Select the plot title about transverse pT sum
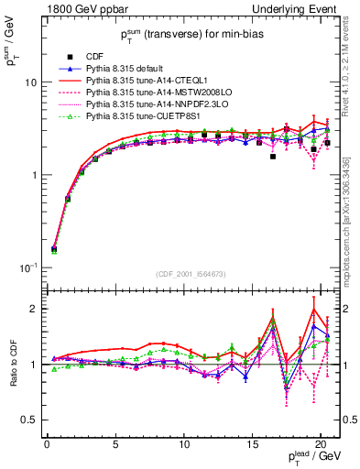[x=191, y=36]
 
